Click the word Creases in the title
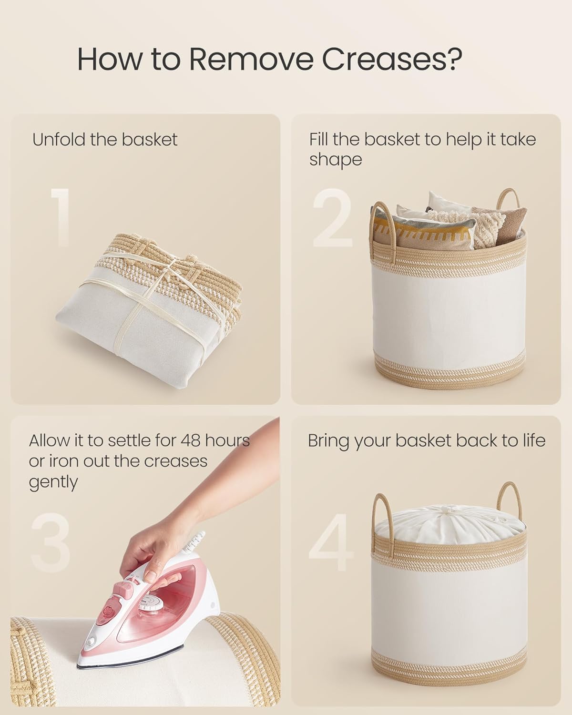391,59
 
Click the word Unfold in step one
58,140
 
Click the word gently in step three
53,482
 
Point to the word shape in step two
336,160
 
